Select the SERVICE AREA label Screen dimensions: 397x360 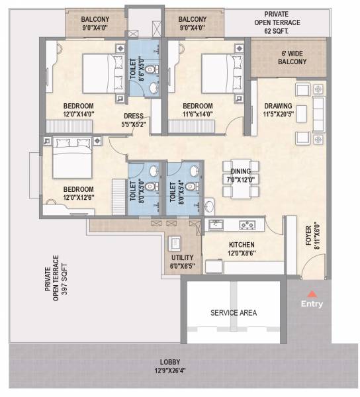(x=233, y=312)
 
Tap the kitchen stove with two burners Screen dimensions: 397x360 (x=247, y=226)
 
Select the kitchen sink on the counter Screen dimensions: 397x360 (x=216, y=226)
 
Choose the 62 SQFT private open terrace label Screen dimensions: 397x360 (x=281, y=22)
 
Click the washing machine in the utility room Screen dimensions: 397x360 (x=176, y=242)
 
